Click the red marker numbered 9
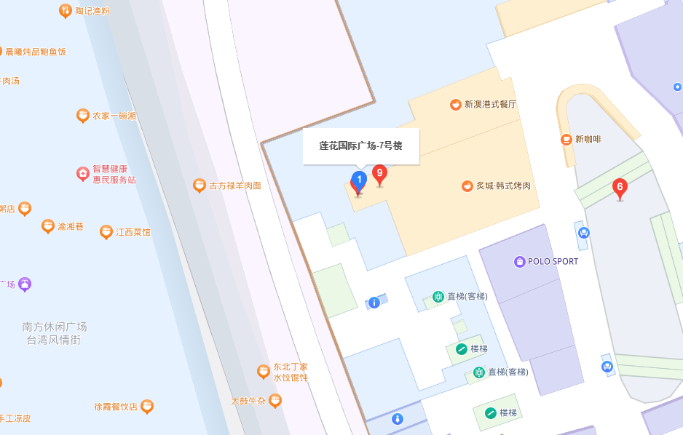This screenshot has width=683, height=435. click(379, 173)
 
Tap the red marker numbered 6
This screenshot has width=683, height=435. click(620, 187)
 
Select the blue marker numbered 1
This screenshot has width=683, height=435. click(359, 180)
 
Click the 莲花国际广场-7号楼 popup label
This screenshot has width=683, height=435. click(360, 145)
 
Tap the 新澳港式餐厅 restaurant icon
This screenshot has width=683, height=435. click(456, 104)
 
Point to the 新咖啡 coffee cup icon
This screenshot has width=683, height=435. click(566, 139)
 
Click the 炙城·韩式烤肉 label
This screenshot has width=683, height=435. click(503, 185)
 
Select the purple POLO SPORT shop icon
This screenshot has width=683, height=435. click(519, 261)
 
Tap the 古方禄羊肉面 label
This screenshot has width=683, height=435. click(235, 185)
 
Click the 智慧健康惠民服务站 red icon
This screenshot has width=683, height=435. click(83, 174)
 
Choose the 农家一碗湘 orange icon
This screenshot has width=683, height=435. click(83, 116)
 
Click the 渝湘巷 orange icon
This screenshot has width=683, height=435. click(48, 226)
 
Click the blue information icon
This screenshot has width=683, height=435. click(374, 302)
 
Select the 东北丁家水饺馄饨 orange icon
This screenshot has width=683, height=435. click(264, 372)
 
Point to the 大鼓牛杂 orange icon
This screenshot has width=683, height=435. click(275, 400)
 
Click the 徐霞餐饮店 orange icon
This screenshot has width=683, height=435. click(147, 407)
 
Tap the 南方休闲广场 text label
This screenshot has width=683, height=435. click(55, 327)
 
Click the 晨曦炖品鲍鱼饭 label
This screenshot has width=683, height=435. click(36, 52)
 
